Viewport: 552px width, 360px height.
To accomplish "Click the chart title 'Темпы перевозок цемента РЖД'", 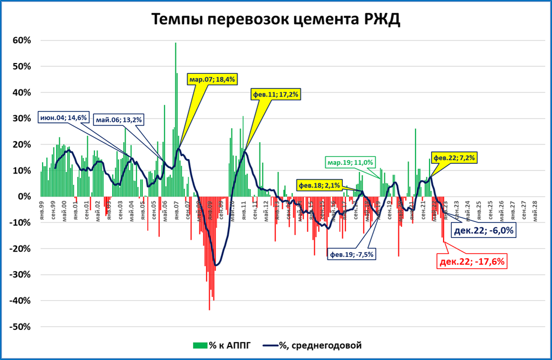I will click(x=276, y=19).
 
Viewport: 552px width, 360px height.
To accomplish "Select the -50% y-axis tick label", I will click(x=22, y=327).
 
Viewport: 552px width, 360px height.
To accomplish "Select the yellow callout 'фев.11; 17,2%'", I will click(x=275, y=94).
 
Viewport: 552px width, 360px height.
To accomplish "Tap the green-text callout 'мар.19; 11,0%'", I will click(x=350, y=162).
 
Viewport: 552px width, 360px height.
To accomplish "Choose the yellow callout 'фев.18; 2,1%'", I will click(x=318, y=185).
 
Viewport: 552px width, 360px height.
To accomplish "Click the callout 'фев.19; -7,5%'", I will click(x=351, y=254).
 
